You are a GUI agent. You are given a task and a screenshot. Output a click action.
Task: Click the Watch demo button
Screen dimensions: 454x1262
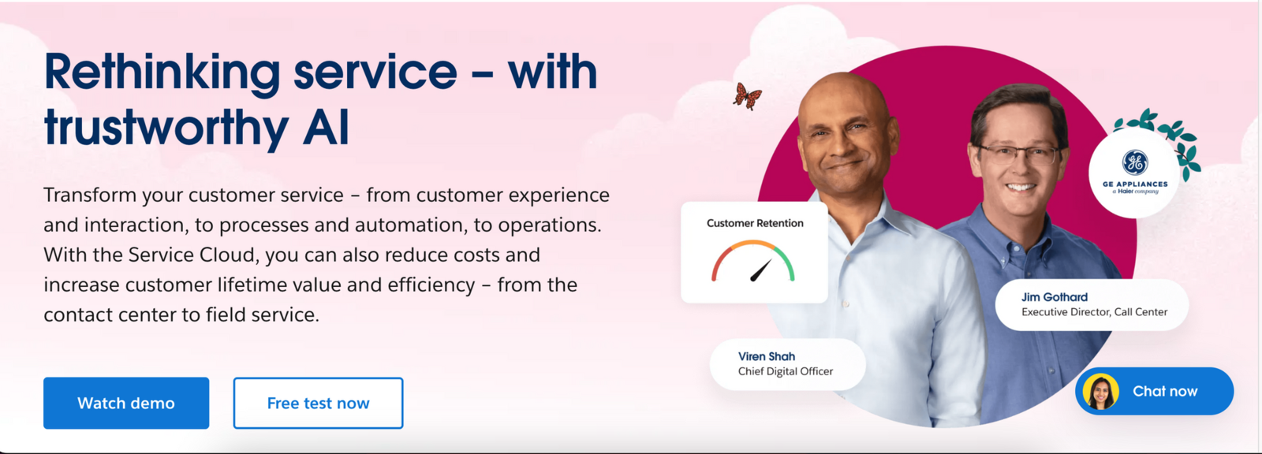126,403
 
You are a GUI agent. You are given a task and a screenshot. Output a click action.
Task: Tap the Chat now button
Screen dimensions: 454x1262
1164,391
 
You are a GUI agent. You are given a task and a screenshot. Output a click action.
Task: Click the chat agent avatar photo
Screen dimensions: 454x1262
1101,392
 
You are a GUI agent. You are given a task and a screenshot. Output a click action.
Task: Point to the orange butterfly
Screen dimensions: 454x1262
746,96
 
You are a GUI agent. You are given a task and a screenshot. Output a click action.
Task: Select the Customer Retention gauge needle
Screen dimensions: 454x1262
760,271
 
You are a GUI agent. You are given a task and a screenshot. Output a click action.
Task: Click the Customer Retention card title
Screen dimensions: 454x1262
755,223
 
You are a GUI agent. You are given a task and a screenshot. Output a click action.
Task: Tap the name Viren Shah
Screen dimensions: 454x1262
767,356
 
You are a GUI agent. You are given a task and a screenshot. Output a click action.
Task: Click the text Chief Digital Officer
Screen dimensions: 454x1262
786,371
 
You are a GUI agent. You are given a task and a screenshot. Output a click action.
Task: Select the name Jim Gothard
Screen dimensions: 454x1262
1055,297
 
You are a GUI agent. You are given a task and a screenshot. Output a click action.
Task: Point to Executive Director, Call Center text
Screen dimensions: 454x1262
1094,312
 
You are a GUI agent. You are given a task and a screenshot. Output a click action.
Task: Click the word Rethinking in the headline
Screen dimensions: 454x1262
162,73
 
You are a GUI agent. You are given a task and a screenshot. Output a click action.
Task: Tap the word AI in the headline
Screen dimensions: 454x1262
325,128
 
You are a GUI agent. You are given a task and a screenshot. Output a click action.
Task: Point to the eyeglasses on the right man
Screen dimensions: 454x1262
1018,154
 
